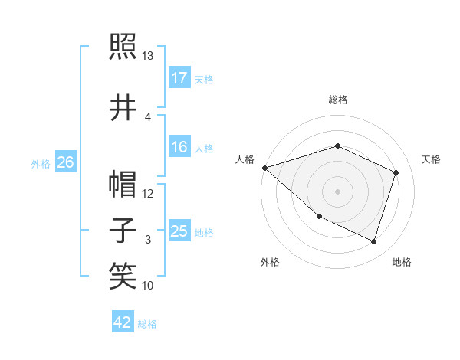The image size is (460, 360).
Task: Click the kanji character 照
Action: pyautogui.click(x=123, y=47)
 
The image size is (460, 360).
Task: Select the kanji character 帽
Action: pyautogui.click(x=123, y=185)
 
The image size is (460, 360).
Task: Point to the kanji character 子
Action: pyautogui.click(x=123, y=231)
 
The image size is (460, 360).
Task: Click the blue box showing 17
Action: pyautogui.click(x=179, y=78)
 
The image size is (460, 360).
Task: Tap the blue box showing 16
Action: pyautogui.click(x=179, y=147)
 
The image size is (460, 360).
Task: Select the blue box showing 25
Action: pyautogui.click(x=179, y=231)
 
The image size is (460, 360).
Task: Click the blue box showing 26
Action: pyautogui.click(x=65, y=162)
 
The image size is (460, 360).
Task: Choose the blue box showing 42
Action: pyautogui.click(x=123, y=322)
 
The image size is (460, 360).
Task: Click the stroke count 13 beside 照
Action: pyautogui.click(x=148, y=56)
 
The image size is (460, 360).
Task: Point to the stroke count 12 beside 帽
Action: pyautogui.click(x=148, y=194)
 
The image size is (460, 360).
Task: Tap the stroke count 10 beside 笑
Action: pyautogui.click(x=148, y=286)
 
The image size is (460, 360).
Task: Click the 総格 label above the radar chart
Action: pyautogui.click(x=338, y=100)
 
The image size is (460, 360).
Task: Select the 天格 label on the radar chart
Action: pyautogui.click(x=432, y=159)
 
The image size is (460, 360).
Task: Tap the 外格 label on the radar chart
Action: pyautogui.click(x=270, y=262)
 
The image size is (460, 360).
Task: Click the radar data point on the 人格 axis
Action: pyautogui.click(x=264, y=168)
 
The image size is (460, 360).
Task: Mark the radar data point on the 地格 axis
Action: pyautogui.click(x=373, y=241)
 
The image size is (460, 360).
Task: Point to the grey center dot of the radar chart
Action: pyautogui.click(x=337, y=191)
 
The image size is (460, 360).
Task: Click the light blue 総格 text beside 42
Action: pyautogui.click(x=147, y=324)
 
